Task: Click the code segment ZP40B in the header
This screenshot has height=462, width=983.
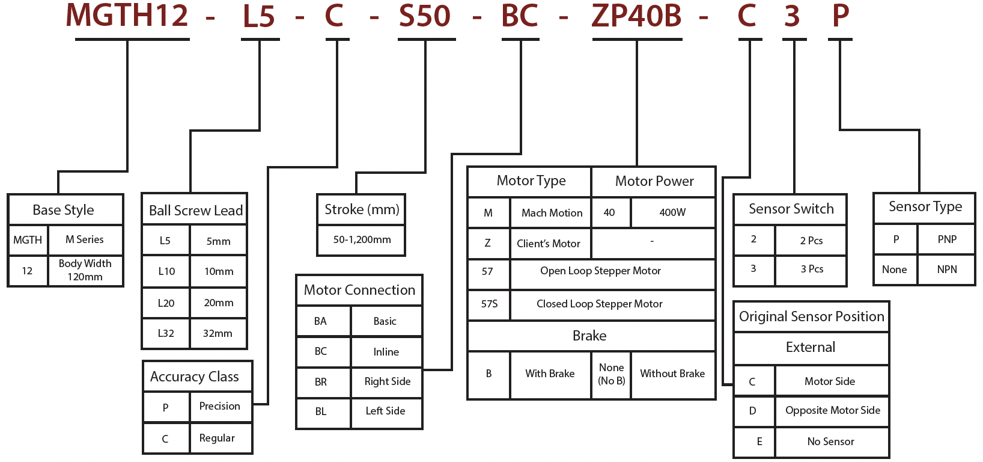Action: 636,16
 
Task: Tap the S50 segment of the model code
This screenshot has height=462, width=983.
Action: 425,16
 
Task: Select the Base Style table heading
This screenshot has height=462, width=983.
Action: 63,210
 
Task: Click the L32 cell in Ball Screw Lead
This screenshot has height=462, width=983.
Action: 166,333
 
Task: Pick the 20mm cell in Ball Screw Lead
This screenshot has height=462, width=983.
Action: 218,303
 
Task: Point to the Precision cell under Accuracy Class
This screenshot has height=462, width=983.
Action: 219,406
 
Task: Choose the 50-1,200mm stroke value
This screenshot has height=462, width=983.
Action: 362,239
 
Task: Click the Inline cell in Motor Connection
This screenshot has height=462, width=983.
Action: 386,352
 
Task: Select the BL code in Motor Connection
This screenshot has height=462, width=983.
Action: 321,411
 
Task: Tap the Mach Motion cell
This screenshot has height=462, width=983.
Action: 552,213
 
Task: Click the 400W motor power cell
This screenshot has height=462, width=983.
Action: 672,212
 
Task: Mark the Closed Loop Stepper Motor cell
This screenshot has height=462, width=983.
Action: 599,304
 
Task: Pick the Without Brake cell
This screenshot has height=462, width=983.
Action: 672,374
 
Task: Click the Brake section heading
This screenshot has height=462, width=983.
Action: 589,336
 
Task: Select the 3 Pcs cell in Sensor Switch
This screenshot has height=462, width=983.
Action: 812,269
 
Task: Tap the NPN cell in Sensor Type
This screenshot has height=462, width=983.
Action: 946,269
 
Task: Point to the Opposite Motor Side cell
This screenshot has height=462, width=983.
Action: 832,410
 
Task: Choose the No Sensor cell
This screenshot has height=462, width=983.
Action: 830,442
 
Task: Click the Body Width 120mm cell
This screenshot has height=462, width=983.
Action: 85,270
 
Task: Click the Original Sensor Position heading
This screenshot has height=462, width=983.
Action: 811,316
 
